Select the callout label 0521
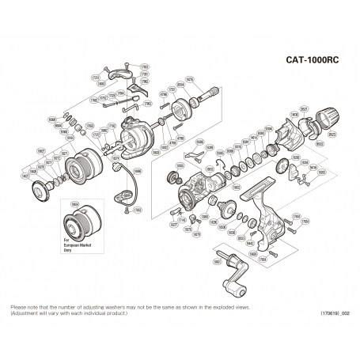[x=304, y=108]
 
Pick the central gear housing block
[x=194, y=191]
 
